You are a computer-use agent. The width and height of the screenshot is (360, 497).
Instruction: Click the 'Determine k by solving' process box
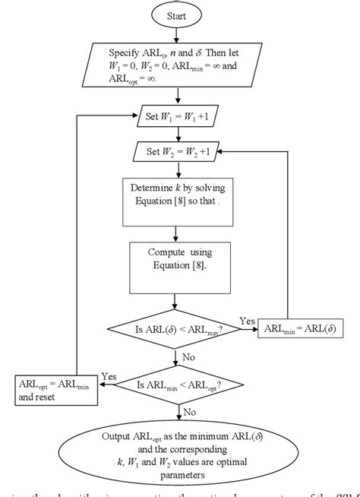tap(177, 201)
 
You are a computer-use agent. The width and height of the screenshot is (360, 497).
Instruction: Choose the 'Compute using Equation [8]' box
tap(177, 261)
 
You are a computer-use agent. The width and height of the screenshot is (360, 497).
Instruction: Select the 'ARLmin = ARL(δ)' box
tap(302, 328)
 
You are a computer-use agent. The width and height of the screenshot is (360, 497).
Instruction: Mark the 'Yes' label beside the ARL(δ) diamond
tap(248, 320)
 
